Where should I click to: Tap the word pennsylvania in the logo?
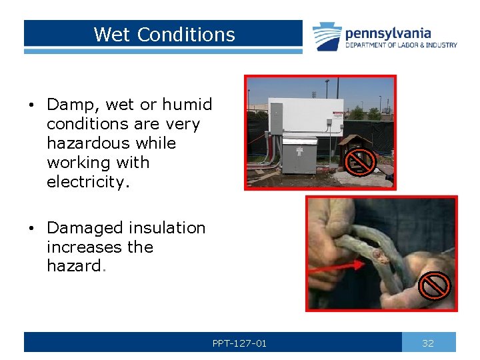(x=387, y=33)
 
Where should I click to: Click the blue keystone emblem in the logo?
(x=327, y=36)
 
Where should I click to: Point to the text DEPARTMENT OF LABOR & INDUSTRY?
(x=401, y=45)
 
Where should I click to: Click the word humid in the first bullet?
(x=187, y=105)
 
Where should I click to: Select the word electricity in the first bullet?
(x=83, y=182)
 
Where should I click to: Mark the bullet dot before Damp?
(x=31, y=105)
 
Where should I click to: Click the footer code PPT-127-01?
(x=239, y=343)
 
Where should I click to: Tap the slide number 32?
(x=428, y=343)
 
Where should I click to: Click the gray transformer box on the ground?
(x=299, y=155)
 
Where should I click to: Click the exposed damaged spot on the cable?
(x=383, y=256)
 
